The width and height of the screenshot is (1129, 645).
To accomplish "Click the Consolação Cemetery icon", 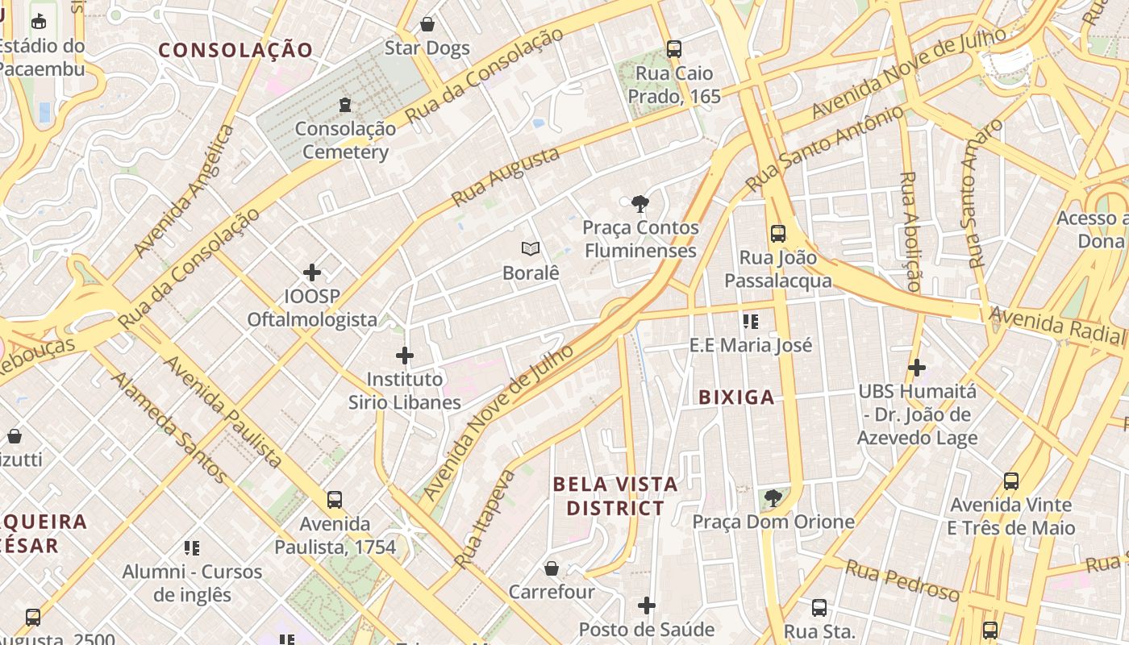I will pyautogui.click(x=345, y=104).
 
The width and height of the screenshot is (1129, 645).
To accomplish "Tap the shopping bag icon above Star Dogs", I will pyautogui.click(x=427, y=24).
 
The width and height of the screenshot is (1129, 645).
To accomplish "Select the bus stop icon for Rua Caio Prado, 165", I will pyautogui.click(x=674, y=49).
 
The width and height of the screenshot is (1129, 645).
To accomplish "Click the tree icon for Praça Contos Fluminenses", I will pyautogui.click(x=640, y=203).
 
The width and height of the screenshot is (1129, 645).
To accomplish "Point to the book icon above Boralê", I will pyautogui.click(x=530, y=248).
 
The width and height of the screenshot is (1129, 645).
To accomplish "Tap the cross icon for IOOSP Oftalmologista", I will pyautogui.click(x=312, y=273).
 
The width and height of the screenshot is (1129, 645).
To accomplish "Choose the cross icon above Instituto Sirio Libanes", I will pyautogui.click(x=405, y=355).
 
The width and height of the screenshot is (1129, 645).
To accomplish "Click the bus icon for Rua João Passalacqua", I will pyautogui.click(x=778, y=234).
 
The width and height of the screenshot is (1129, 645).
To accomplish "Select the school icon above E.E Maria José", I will pyautogui.click(x=751, y=322).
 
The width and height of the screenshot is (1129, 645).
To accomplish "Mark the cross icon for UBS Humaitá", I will pyautogui.click(x=916, y=368).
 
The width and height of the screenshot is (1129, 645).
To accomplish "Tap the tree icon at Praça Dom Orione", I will pyautogui.click(x=773, y=497).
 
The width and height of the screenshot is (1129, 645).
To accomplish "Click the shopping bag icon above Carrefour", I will pyautogui.click(x=552, y=568).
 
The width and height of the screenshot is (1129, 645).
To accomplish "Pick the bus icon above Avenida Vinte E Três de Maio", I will pyautogui.click(x=1011, y=481).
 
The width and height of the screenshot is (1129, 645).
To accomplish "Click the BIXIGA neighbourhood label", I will pyautogui.click(x=736, y=397).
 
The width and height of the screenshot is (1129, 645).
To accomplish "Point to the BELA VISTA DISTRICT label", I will pyautogui.click(x=615, y=496).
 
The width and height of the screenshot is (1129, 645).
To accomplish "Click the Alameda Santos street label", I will pyautogui.click(x=169, y=427).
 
